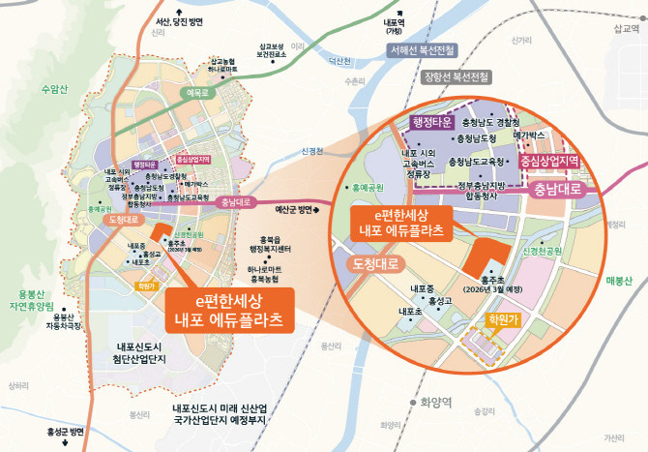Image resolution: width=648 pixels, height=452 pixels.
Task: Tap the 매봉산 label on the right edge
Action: click(x=619, y=282)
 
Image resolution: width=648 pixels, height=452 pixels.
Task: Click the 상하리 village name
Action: click(x=18, y=385)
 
